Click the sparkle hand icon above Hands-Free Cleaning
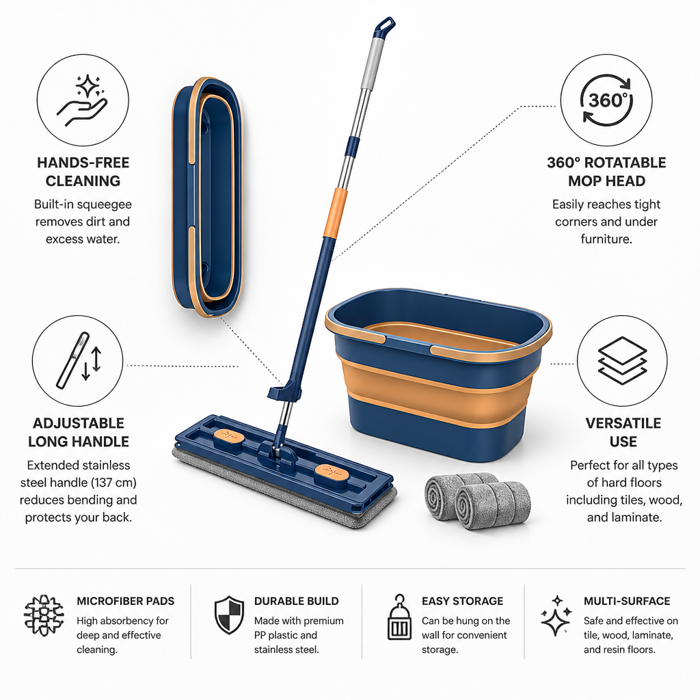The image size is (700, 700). pyautogui.click(x=83, y=100)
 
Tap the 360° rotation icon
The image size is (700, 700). pyautogui.click(x=606, y=100)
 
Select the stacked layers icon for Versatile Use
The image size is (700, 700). pyautogui.click(x=622, y=361)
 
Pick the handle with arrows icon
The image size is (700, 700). pyautogui.click(x=79, y=361)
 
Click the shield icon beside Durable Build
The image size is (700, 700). pyautogui.click(x=229, y=615)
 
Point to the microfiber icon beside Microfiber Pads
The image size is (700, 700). pyautogui.click(x=44, y=615)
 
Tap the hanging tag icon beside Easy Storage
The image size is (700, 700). pyautogui.click(x=399, y=617)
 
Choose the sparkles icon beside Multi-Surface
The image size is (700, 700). pyautogui.click(x=556, y=616)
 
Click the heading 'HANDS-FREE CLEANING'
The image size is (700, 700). pyautogui.click(x=83, y=172)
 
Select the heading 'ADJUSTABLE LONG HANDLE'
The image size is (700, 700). pyautogui.click(x=79, y=433)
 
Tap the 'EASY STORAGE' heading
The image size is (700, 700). pyautogui.click(x=463, y=601)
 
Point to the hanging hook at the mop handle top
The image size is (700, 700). pyautogui.click(x=385, y=27)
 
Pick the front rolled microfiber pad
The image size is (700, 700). pyautogui.click(x=493, y=505)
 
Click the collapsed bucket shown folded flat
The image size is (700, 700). pyautogui.click(x=207, y=197)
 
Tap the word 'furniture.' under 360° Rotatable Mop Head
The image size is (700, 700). pyautogui.click(x=606, y=239)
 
